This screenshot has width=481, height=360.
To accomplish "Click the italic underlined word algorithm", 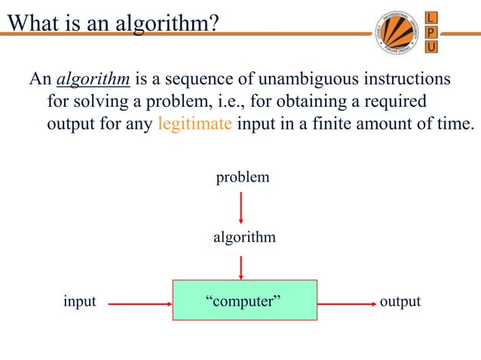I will (x=93, y=80).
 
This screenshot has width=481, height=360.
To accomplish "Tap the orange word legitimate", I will (x=195, y=124).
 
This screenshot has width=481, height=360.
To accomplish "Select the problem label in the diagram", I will (x=243, y=178).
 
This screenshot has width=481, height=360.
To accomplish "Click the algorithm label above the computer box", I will (x=244, y=237).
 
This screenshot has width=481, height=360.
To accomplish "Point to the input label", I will (x=79, y=301).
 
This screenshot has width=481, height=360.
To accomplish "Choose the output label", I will (x=400, y=301).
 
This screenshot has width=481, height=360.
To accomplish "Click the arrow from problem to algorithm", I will (x=240, y=207).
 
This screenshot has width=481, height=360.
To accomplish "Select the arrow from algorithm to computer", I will (x=240, y=267).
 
